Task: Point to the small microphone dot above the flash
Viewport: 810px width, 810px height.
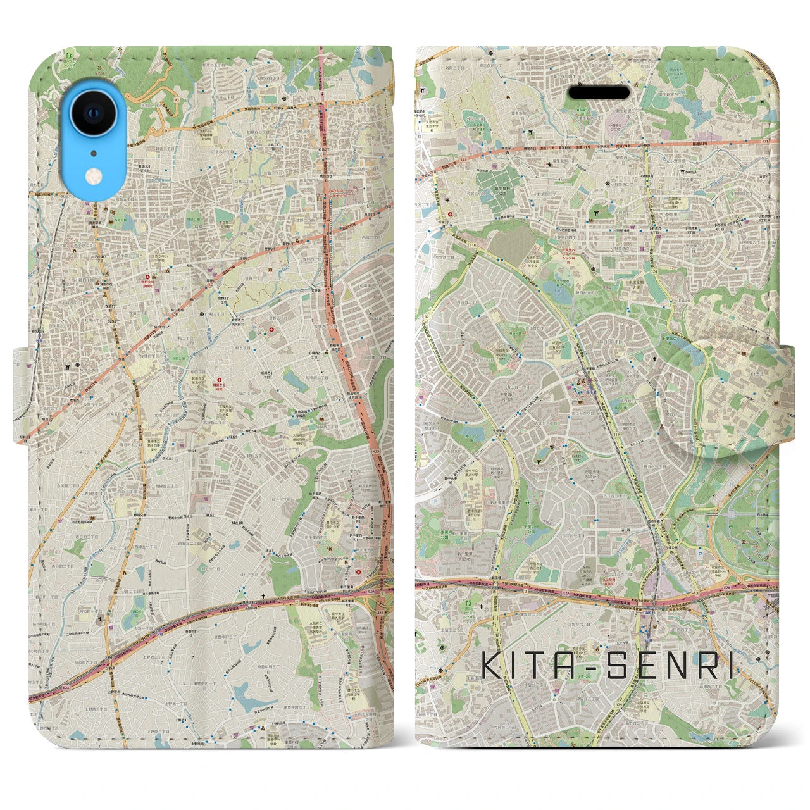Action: pos(94,153)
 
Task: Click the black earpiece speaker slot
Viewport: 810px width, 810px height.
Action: pos(598,92)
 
